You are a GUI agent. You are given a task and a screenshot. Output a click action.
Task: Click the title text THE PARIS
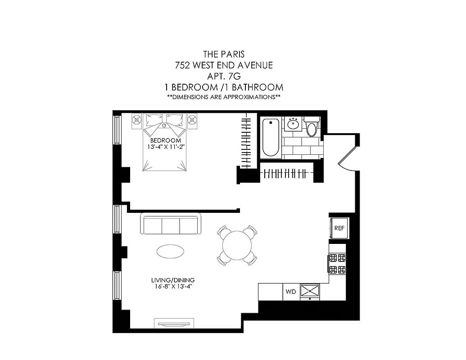tap(224, 54)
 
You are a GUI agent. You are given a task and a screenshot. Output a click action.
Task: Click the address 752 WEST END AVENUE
tap(224, 65)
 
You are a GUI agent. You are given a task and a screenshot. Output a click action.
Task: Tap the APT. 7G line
tap(224, 76)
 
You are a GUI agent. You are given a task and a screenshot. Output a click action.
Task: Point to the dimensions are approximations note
tap(224, 97)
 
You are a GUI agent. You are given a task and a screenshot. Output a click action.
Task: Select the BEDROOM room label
tap(163, 140)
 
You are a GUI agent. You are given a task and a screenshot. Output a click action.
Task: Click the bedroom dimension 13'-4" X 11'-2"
tap(163, 147)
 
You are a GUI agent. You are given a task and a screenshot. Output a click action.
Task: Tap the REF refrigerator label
tap(339, 228)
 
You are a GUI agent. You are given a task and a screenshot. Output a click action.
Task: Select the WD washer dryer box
tap(290, 292)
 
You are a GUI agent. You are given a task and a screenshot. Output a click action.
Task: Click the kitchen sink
tap(310, 291)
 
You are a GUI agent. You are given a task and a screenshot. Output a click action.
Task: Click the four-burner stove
tap(338, 264)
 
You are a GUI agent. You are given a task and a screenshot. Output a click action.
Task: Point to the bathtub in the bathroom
tap(271, 137)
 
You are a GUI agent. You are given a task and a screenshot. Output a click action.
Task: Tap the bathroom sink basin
tap(294, 123)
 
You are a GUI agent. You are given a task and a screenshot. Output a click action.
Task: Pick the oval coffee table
tap(170, 252)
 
